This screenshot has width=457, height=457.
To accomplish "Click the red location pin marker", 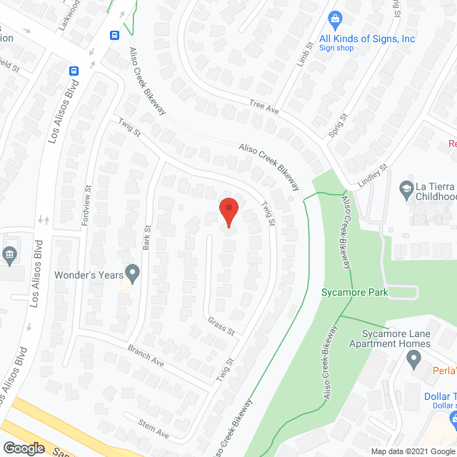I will tap(228, 211).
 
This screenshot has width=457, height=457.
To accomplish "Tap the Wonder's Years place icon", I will tap(131, 272).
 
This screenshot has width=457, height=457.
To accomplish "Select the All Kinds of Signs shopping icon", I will tap(333, 19).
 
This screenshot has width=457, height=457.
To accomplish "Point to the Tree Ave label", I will tap(263, 107).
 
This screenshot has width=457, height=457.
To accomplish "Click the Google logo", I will tap(24, 448).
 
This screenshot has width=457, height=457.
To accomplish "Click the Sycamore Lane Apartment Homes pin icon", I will tap(413, 361).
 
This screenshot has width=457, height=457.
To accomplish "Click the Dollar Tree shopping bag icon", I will tap(453, 416).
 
